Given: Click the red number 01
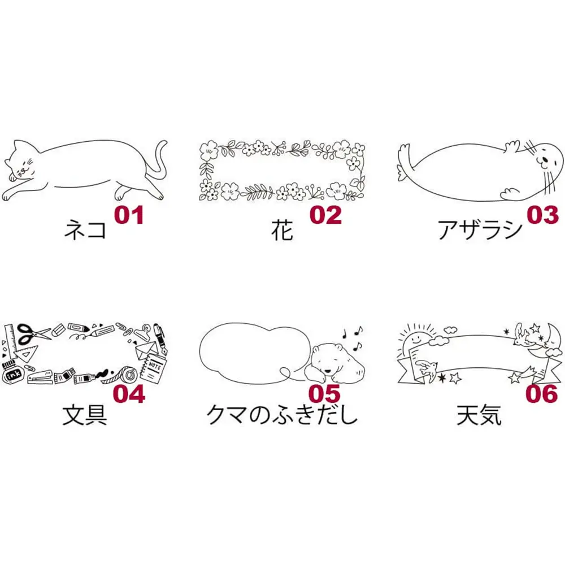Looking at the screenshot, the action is pos(129,215).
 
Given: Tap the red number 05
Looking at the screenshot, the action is pos(325,393).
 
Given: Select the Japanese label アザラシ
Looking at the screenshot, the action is pos(480,229).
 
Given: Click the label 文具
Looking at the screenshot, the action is pos(85,415).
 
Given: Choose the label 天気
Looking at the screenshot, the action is pos(479,415).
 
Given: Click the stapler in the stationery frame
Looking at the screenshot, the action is pos(40,376).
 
